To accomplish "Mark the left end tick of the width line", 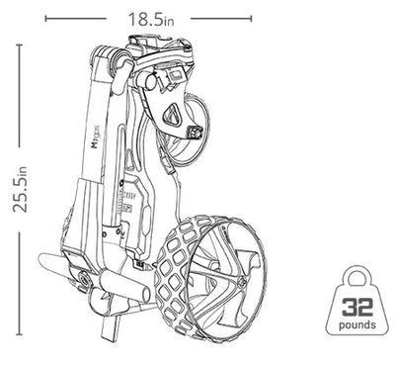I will (x=44, y=19).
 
